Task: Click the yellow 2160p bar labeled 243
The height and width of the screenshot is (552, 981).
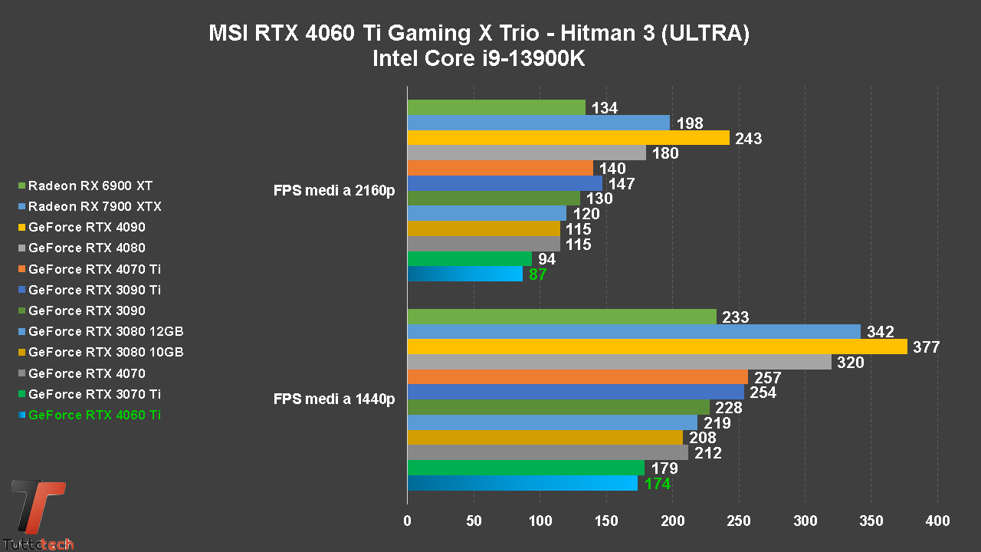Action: (x=568, y=138)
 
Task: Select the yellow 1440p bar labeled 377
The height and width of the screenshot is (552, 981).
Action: (x=657, y=347)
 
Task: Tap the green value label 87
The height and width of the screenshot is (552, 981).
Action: (x=538, y=274)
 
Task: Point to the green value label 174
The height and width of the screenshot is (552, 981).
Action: (x=658, y=484)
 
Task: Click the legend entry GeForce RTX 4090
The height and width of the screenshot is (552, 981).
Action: (x=87, y=227)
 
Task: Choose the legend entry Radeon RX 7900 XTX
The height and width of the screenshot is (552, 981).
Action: (x=94, y=206)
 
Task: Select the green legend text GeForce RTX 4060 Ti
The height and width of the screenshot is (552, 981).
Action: (x=94, y=415)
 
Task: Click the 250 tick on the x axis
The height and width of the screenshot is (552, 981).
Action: (x=739, y=521)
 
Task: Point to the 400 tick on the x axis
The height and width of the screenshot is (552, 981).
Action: (x=937, y=521)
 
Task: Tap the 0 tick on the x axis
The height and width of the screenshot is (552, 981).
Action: (x=407, y=521)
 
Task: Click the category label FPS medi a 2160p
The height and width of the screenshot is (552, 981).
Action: (x=334, y=190)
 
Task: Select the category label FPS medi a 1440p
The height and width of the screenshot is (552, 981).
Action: (x=334, y=399)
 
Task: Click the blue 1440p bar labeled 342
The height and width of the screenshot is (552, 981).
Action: (x=634, y=332)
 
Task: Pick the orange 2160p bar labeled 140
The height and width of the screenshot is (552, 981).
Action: (x=500, y=168)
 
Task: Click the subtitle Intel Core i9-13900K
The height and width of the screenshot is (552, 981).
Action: (x=478, y=58)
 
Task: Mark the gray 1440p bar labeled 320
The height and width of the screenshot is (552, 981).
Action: (x=619, y=362)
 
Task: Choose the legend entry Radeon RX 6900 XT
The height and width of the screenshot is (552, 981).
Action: (x=90, y=186)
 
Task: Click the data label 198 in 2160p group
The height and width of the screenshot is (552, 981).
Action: (x=691, y=123)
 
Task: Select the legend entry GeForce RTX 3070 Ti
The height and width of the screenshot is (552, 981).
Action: (x=94, y=394)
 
